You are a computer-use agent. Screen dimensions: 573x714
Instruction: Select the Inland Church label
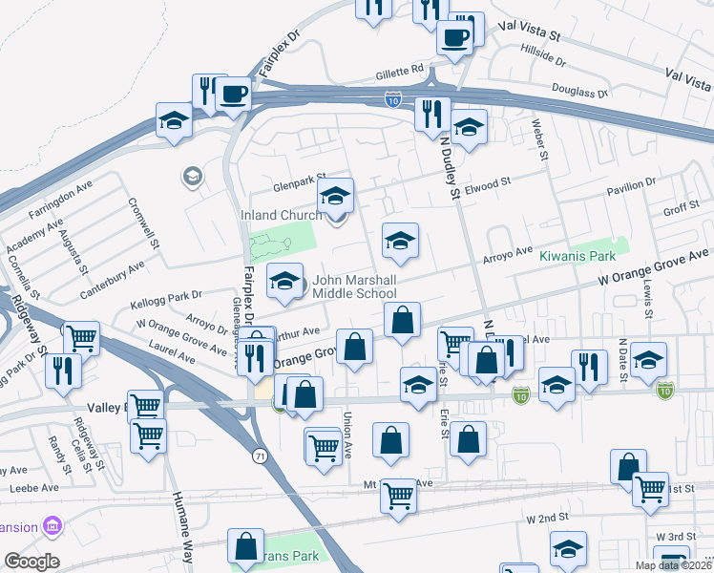coord(280,216)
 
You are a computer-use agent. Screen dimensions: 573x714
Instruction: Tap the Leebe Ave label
coord(28,489)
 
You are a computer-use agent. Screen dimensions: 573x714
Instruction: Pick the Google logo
coord(31,562)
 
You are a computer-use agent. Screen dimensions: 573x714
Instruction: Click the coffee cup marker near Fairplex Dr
coord(233,94)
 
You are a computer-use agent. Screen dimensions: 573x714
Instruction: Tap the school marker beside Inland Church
coord(334,197)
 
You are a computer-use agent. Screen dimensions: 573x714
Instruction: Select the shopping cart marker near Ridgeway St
coord(81,337)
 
